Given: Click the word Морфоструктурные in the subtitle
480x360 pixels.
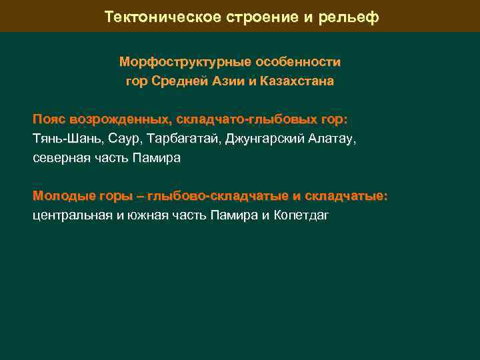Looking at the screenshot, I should click(175, 62).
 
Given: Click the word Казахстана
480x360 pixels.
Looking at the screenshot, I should click(301, 82).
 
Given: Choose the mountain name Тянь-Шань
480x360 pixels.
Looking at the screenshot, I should click(63, 139).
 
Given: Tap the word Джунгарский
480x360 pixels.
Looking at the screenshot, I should click(260, 139).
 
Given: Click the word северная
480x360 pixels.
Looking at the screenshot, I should click(60, 159).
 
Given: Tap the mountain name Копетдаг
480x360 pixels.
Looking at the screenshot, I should click(301, 215).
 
